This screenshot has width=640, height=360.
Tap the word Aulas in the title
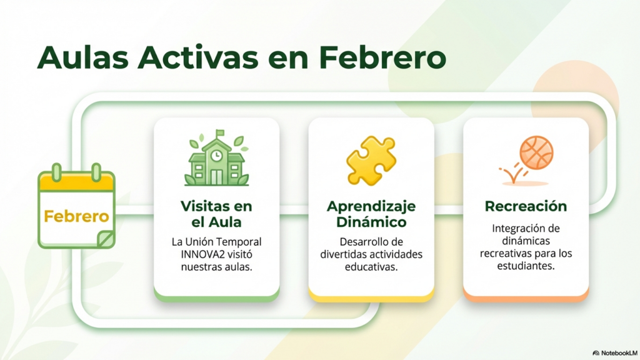coord(83,57)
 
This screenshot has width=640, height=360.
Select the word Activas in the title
coord(198,57)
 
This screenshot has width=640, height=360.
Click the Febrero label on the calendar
coord(76,216)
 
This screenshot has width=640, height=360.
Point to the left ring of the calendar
coord(57,172)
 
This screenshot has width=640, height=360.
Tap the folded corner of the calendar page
coord(106,239)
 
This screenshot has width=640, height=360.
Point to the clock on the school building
coord(216,155)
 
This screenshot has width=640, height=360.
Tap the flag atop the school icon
coord(221,133)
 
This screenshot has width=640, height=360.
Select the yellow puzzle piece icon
coord(371,161)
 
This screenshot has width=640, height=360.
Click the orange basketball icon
coord(536,152)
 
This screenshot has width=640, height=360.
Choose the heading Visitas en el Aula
coord(216,214)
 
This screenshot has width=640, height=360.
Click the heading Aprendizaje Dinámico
coord(371,214)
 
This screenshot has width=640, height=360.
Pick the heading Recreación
coord(526,206)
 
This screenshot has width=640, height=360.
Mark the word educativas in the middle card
coord(371,267)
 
